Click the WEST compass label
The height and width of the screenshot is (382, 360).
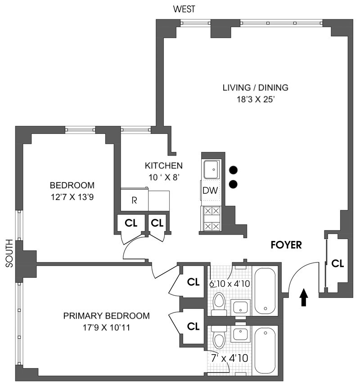tap(184, 9)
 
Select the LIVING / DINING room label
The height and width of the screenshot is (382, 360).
tap(255, 88)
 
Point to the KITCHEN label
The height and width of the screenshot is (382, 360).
tap(163, 165)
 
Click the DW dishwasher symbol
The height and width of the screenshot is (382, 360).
tap(210, 191)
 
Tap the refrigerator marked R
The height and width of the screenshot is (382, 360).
tap(134, 200)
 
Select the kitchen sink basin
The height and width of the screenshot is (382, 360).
tap(211, 170)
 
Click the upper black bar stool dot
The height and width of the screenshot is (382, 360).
tap(233, 170)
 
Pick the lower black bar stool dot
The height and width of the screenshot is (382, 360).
tap(233, 184)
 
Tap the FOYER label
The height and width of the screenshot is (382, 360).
tap(286, 245)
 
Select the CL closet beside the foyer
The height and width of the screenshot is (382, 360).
tap(337, 264)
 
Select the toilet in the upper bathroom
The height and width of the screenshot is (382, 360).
tap(219, 303)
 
